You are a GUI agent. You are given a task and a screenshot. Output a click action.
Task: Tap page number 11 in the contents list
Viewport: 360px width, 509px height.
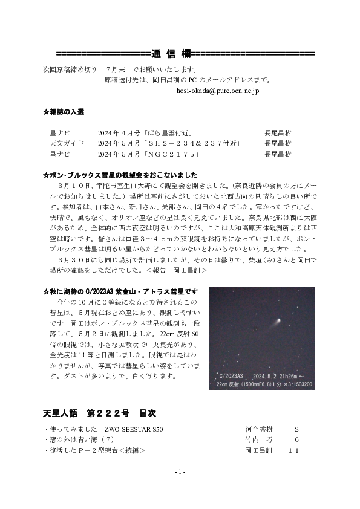(293, 451)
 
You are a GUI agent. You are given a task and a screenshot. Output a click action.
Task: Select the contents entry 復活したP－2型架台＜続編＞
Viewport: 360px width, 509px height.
(96, 451)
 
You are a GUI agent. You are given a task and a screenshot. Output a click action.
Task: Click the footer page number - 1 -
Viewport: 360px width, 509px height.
(180, 472)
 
